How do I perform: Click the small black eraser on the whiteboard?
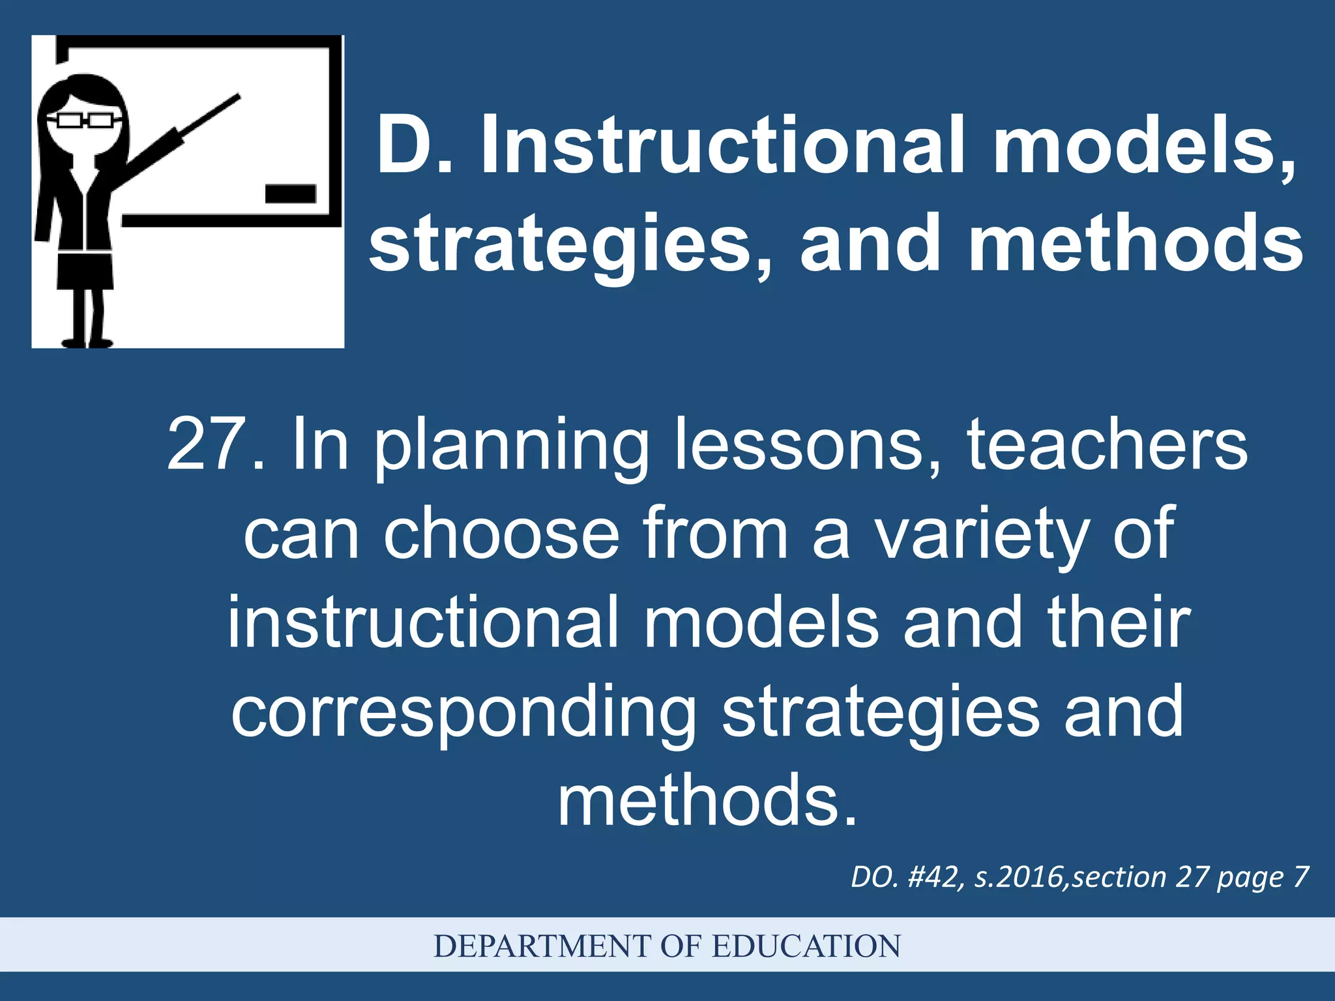pos(290,194)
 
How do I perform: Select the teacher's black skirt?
pos(85,270)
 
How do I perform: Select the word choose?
pos(501,534)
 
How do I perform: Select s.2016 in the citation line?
pos(1020,877)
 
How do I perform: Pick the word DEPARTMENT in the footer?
pos(542,946)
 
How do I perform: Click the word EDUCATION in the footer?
pos(806,946)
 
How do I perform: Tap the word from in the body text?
pos(716,534)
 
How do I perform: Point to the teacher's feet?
pos(87,342)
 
